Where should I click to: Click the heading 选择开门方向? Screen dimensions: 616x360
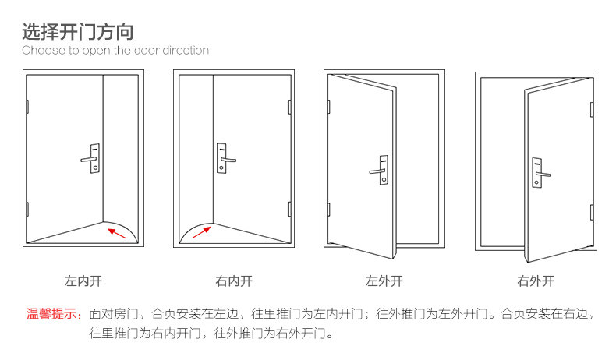(x=77, y=32)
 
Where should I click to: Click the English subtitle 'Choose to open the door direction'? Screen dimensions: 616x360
(x=115, y=51)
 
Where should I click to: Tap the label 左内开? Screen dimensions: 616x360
(x=82, y=280)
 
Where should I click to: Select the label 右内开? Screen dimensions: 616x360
(x=233, y=280)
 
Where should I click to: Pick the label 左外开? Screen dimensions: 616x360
(x=384, y=280)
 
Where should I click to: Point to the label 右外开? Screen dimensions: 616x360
(x=535, y=280)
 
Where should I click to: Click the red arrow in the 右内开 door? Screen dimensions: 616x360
(x=200, y=231)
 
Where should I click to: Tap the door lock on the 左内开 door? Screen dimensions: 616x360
(x=93, y=158)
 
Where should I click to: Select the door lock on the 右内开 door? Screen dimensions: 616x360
(x=224, y=158)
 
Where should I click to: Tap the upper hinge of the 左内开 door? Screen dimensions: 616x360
(x=27, y=105)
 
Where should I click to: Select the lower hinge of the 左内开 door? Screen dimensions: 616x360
(x=27, y=209)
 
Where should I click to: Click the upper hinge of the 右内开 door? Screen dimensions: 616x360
(x=290, y=105)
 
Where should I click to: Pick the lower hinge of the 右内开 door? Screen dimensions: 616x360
(x=290, y=209)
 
